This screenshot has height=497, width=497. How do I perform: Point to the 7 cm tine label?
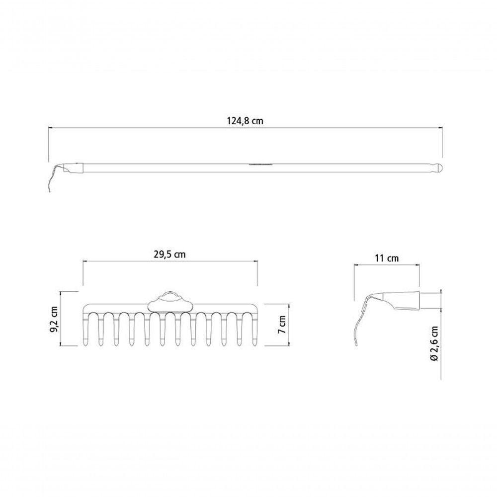click(x=282, y=324)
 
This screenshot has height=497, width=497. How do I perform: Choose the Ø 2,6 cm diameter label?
click(x=434, y=343)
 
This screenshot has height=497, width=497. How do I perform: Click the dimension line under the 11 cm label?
click(x=387, y=265)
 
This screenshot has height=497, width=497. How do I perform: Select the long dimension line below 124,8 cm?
click(x=245, y=127)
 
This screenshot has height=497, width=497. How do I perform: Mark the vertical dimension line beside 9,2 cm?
click(x=61, y=319)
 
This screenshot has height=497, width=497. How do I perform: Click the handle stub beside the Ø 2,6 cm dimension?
click(x=430, y=300)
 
